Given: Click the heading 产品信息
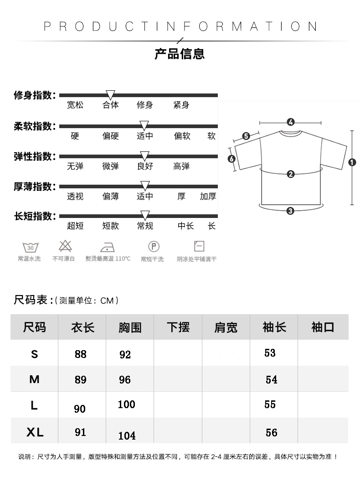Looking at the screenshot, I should [x=180, y=54].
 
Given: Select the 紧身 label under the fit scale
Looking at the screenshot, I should [x=181, y=105].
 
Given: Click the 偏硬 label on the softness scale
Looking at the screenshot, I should [x=110, y=136].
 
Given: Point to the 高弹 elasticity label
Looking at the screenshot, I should [x=181, y=166].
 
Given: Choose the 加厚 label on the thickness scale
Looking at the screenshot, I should [x=208, y=197].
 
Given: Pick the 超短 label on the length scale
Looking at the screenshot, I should [x=75, y=226].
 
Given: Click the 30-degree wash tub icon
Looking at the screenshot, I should [x=30, y=247].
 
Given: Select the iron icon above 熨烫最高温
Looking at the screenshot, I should [x=107, y=247].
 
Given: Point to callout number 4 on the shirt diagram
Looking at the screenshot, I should [x=291, y=122].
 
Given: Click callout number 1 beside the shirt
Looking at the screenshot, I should [x=352, y=162].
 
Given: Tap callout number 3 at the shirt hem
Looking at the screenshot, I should [x=290, y=210].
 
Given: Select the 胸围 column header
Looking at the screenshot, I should [x=130, y=327].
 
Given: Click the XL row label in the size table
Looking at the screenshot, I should [x=35, y=432].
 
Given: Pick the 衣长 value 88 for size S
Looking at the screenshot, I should [x=80, y=354].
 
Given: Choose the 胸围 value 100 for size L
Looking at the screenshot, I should [x=126, y=404].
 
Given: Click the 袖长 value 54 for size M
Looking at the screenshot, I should [x=271, y=380].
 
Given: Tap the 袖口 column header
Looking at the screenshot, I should [x=323, y=327].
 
